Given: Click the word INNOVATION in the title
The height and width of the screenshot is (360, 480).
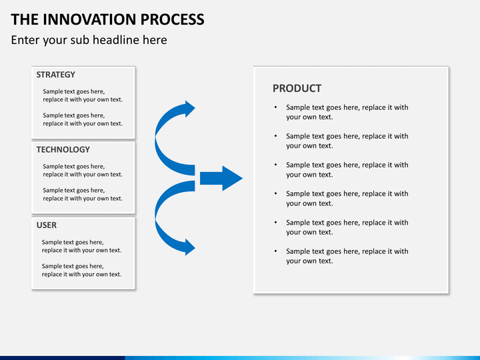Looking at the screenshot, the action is [89, 19].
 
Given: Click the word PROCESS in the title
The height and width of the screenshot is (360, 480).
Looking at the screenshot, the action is [173, 19].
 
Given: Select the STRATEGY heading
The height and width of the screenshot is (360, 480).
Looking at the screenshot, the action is [56, 75].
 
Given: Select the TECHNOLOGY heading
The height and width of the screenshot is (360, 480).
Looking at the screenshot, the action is [63, 149].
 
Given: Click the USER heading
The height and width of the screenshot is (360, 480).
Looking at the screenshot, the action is [47, 225].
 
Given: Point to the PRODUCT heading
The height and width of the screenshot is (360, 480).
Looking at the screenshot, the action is [297, 89].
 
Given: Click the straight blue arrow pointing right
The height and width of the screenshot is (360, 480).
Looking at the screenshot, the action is [221, 178].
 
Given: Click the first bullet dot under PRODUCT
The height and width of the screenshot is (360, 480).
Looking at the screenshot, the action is [275, 107].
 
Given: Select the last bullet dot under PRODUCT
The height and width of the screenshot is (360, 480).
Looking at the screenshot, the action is [275, 251].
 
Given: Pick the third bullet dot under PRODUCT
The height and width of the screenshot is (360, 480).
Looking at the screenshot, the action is [275, 165].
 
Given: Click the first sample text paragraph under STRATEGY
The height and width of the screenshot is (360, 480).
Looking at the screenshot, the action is [83, 95].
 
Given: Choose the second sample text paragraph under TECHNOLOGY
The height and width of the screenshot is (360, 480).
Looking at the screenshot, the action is [83, 195].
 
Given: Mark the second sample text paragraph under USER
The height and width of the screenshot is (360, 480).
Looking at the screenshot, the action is [81, 270].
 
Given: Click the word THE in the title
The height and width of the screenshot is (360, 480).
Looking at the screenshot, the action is [25, 19].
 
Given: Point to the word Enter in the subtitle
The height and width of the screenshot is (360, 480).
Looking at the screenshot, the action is [25, 40].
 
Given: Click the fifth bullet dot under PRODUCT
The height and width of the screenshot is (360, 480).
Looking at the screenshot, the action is [275, 222].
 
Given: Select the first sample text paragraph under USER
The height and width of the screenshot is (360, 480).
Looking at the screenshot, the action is [81, 246].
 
